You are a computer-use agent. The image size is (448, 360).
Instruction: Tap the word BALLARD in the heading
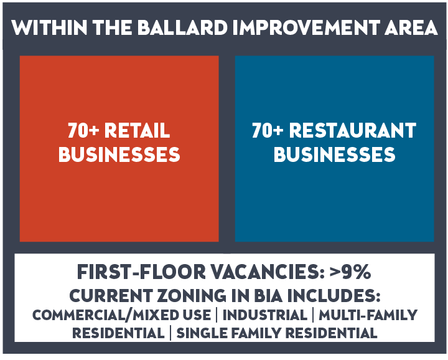182,28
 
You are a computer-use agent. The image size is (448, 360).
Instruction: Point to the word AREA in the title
411,28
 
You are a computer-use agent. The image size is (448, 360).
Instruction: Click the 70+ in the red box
83,130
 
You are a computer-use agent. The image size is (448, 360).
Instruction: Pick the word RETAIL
137,130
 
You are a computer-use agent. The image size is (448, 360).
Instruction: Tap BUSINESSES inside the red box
119,154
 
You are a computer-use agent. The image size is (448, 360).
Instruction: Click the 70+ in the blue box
268,130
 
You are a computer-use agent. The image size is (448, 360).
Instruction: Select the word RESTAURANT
353,130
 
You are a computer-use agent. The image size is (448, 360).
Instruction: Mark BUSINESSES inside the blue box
334,154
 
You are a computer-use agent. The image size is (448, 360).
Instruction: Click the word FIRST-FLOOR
141,272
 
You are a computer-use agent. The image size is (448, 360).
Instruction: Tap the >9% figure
350,272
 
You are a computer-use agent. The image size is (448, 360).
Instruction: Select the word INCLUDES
334,295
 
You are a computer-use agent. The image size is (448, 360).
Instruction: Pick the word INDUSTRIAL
265,315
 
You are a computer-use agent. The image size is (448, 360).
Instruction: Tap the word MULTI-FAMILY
368,315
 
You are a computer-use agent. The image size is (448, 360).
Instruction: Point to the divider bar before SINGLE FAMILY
170,333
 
